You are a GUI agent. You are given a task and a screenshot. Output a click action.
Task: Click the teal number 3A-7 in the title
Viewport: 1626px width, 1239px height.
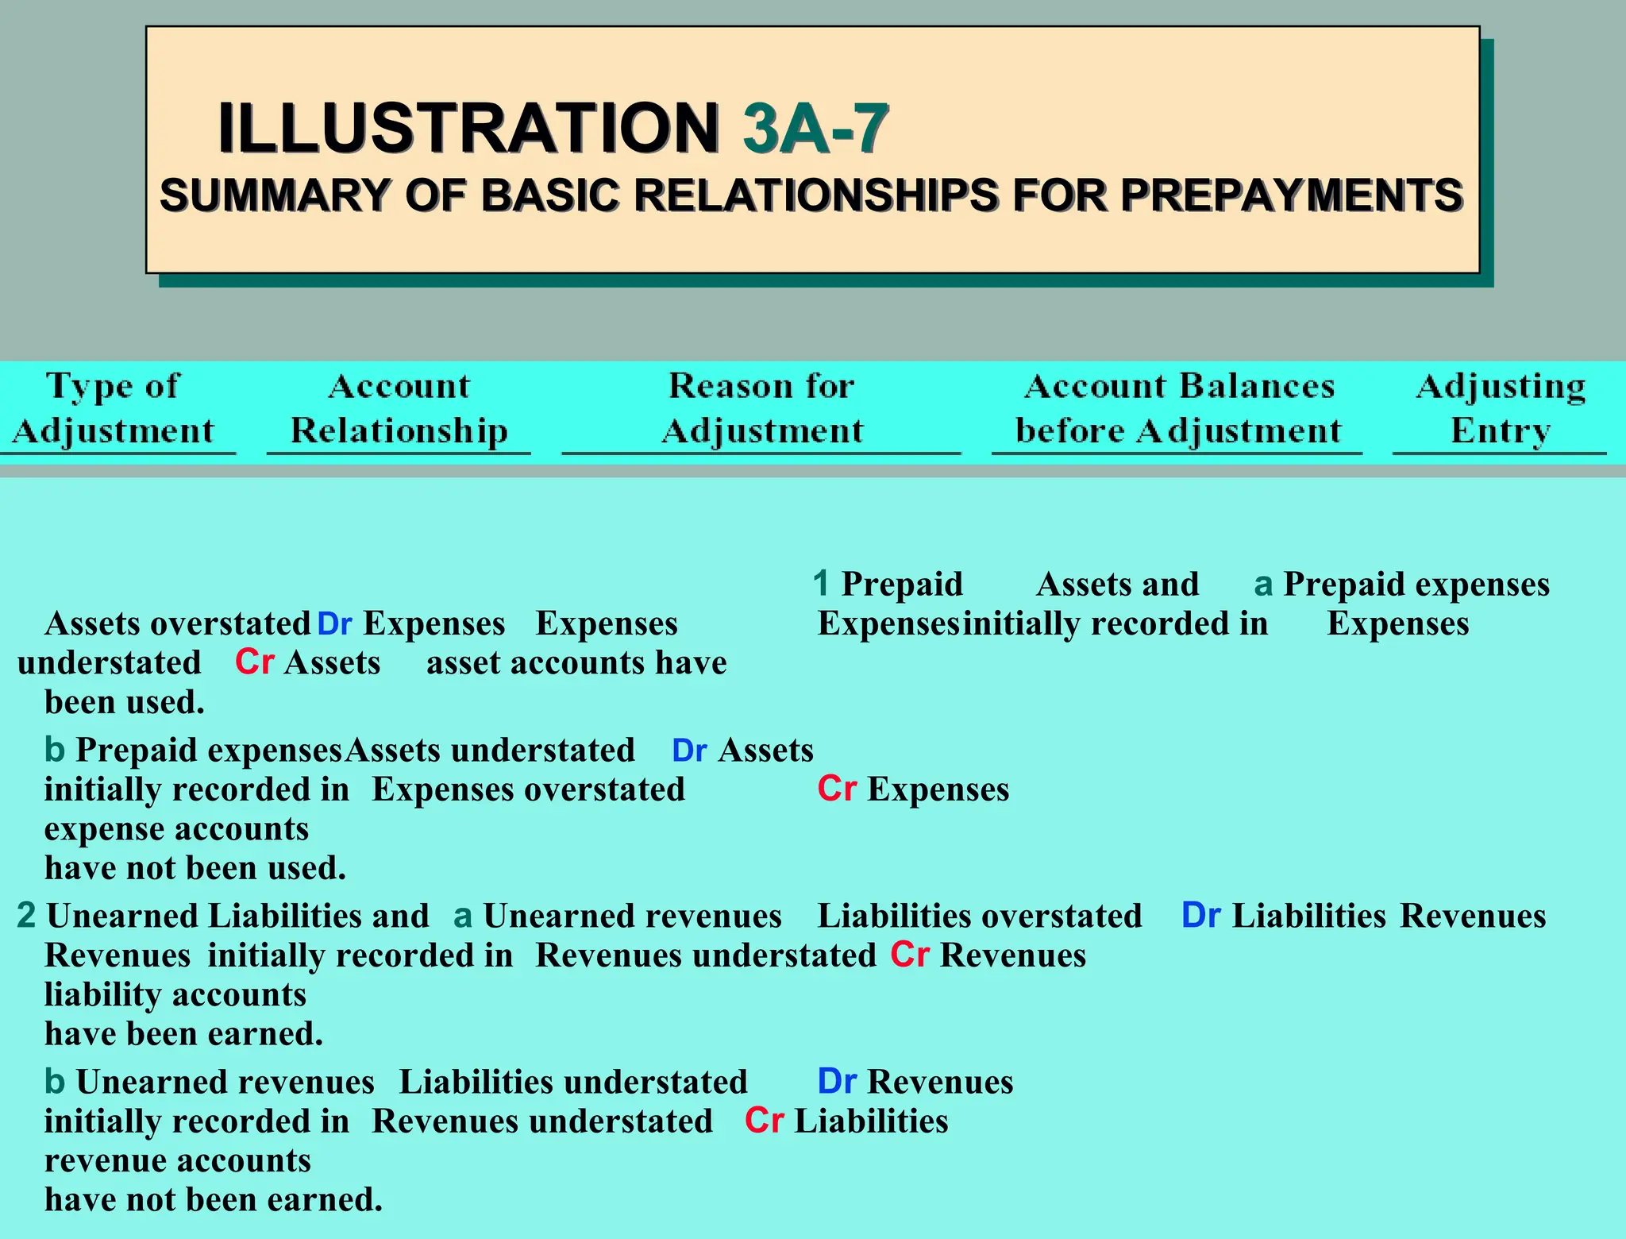tap(815, 129)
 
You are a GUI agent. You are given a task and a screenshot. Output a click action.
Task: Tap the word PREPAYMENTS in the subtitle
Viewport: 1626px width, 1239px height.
tap(1292, 195)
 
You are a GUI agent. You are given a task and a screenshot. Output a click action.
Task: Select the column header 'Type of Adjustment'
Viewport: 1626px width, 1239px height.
tap(114, 408)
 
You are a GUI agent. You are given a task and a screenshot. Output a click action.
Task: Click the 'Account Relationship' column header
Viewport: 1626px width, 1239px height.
tap(399, 408)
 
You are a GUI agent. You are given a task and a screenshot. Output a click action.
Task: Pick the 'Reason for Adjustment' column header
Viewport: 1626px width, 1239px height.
tap(761, 408)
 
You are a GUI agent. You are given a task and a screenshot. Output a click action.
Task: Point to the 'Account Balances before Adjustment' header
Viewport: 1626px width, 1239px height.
tap(1178, 408)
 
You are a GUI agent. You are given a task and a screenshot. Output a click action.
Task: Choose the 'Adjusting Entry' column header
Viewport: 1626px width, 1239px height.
tap(1501, 408)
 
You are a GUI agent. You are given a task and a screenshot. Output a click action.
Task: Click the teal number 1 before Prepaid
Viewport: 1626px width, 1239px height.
tap(821, 584)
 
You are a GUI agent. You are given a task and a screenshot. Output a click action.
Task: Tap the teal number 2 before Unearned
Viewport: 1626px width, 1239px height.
tap(26, 916)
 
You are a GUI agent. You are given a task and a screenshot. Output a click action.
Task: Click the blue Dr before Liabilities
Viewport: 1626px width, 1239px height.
tap(1200, 916)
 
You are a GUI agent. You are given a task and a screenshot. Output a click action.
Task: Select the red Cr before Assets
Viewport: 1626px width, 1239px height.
tap(254, 662)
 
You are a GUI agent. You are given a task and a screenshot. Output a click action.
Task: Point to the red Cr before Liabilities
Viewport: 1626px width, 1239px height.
tap(764, 1121)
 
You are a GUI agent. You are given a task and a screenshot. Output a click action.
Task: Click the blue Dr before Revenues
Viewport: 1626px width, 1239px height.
tap(837, 1082)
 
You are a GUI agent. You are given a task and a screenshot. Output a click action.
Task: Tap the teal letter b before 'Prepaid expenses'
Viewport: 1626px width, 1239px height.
tap(54, 750)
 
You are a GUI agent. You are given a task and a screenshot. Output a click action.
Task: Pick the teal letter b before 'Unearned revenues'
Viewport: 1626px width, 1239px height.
tap(54, 1082)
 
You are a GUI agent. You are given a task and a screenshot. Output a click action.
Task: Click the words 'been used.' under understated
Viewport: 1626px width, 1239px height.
tap(125, 702)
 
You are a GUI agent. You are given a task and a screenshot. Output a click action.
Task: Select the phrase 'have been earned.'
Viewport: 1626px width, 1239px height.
tap(183, 1034)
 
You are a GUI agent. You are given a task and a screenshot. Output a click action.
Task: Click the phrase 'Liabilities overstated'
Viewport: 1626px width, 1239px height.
tap(980, 916)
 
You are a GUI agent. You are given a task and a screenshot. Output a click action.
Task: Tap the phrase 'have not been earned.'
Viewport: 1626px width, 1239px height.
tap(214, 1199)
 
